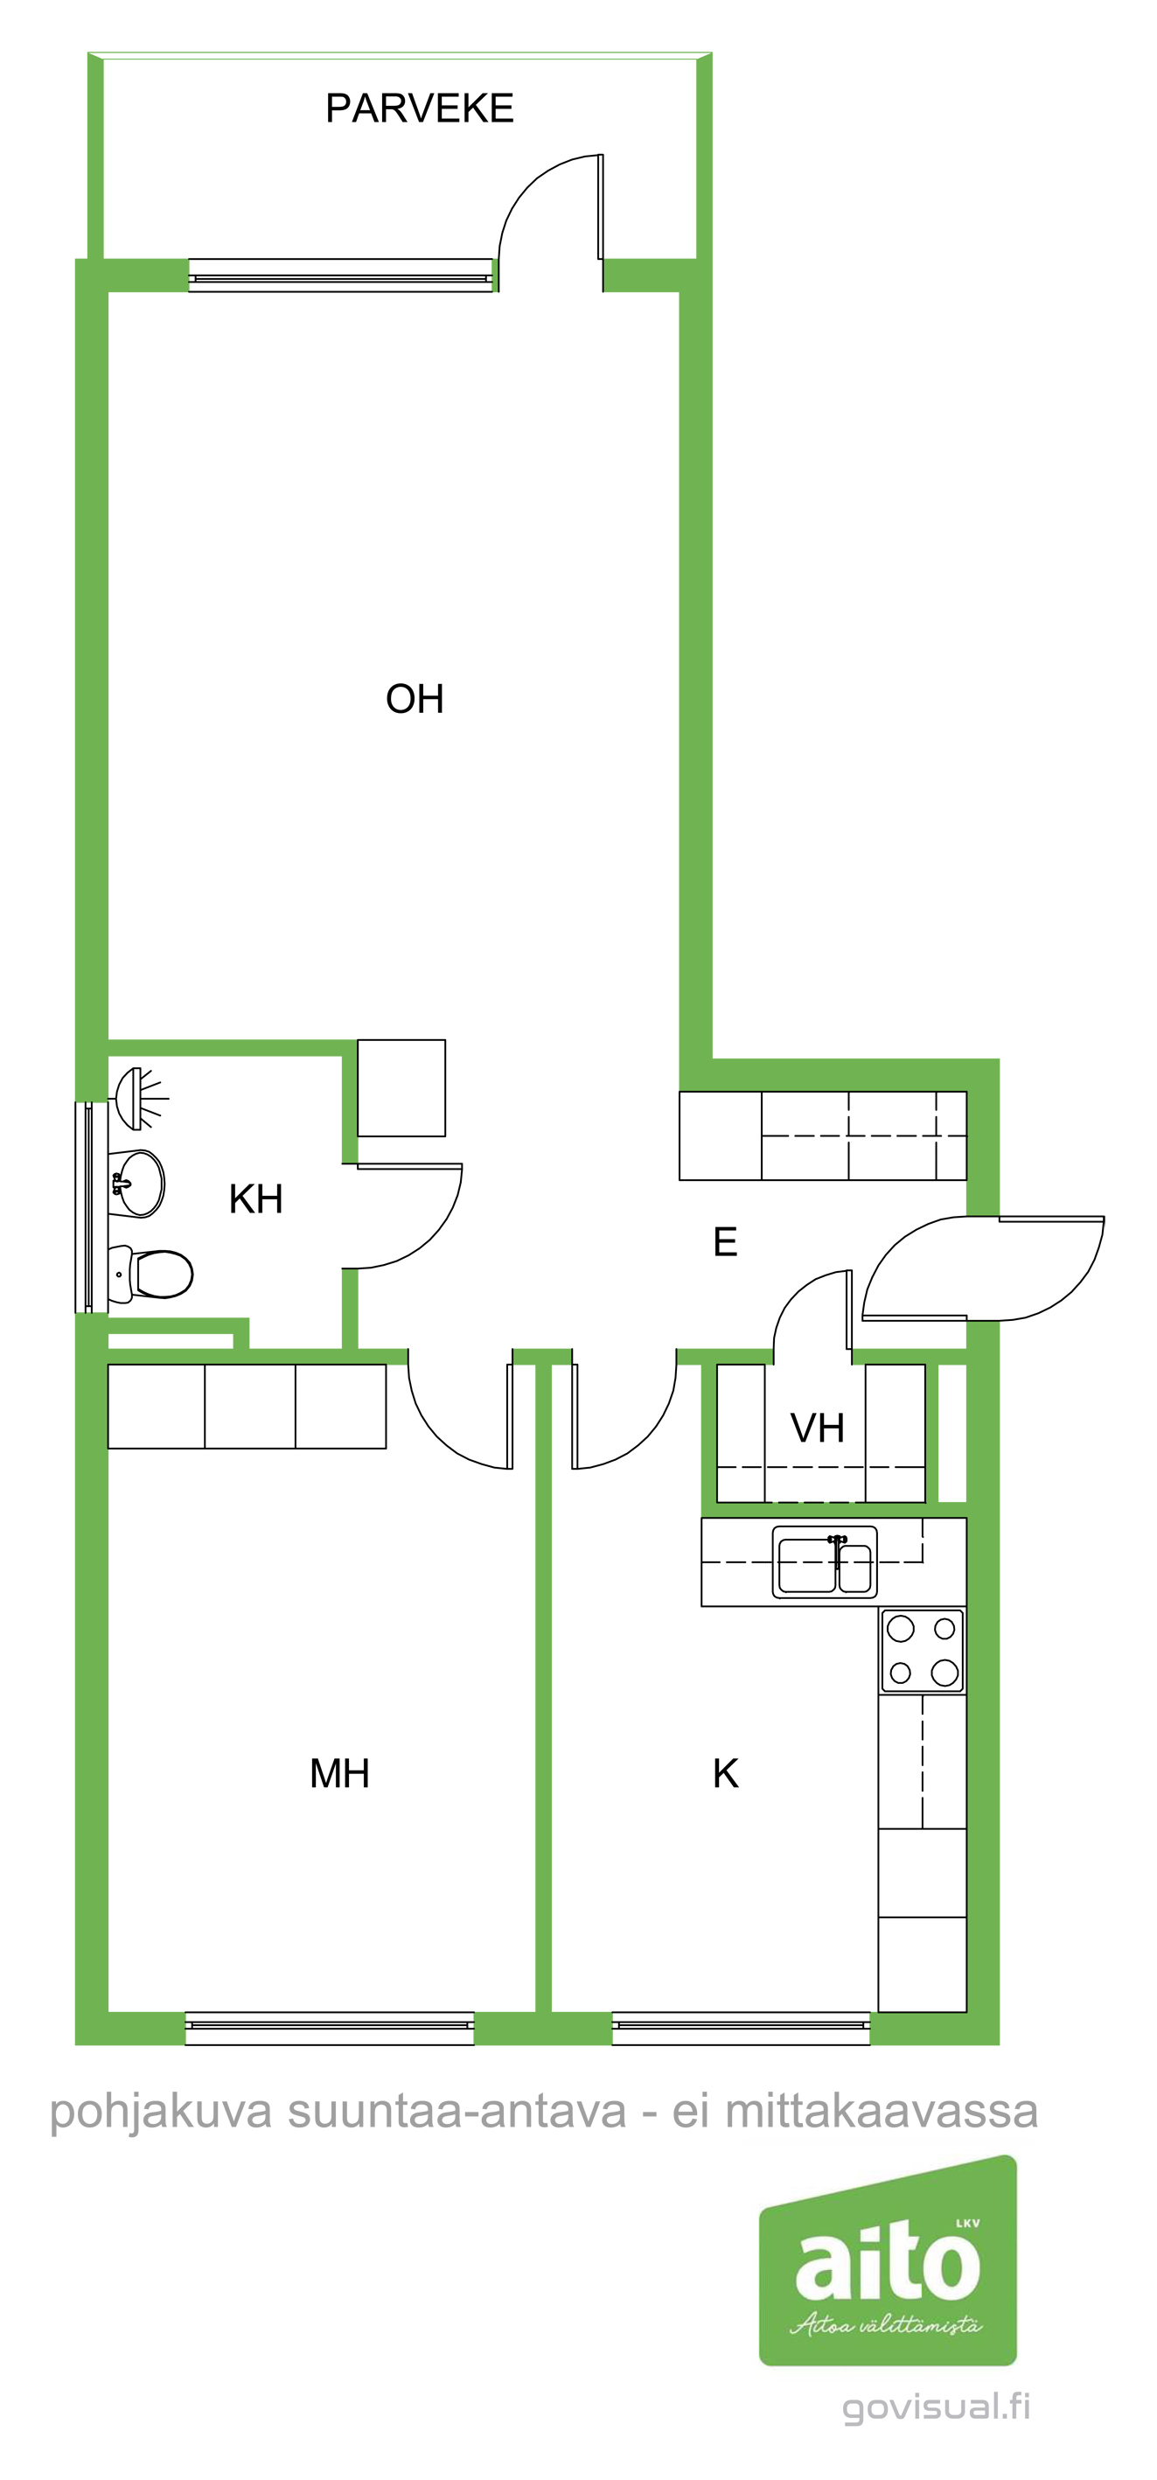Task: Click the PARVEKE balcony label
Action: (420, 108)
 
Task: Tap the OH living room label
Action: (415, 699)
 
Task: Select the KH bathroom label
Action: (256, 1199)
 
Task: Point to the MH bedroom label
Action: (340, 1773)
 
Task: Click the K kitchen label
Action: (726, 1773)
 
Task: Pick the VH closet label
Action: (817, 1429)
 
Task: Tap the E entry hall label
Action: (726, 1242)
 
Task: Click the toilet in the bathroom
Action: (151, 1275)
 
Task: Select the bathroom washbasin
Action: (136, 1184)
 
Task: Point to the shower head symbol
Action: (141, 1099)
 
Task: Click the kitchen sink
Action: (825, 1561)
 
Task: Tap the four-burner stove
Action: (922, 1651)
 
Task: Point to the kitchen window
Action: (742, 2029)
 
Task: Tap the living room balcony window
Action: (341, 276)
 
